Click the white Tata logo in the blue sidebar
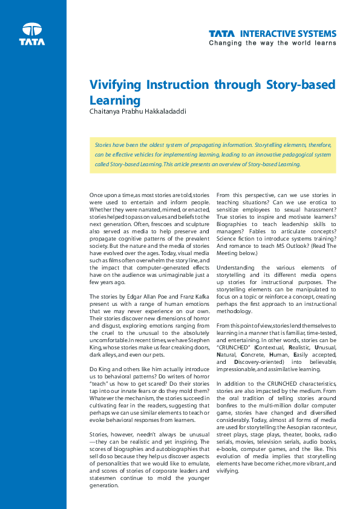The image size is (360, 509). pos(31,34)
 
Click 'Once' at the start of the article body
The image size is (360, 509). pos(97,195)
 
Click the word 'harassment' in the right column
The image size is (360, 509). pos(318,216)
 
